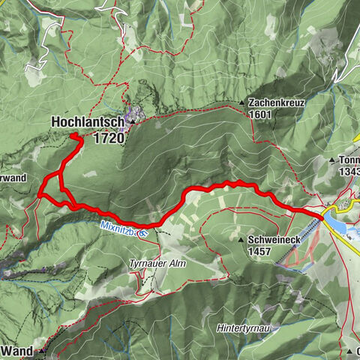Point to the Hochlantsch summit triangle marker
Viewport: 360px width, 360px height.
[133, 121]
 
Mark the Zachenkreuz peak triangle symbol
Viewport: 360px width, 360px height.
[241, 103]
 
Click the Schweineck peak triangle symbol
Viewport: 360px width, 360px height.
[241, 241]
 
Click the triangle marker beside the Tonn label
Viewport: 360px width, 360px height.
[333, 160]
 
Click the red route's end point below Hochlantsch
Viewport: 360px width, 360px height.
[73, 135]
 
